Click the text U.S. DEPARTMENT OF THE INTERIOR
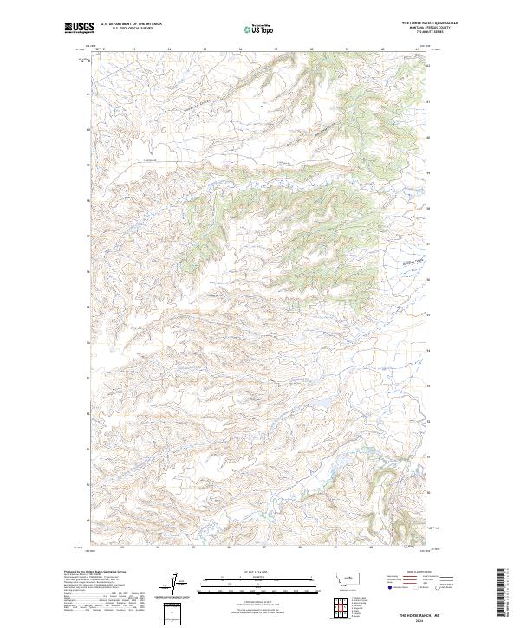[x=131, y=23]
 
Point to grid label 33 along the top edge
[x=133, y=49]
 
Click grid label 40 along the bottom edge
[x=371, y=547]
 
